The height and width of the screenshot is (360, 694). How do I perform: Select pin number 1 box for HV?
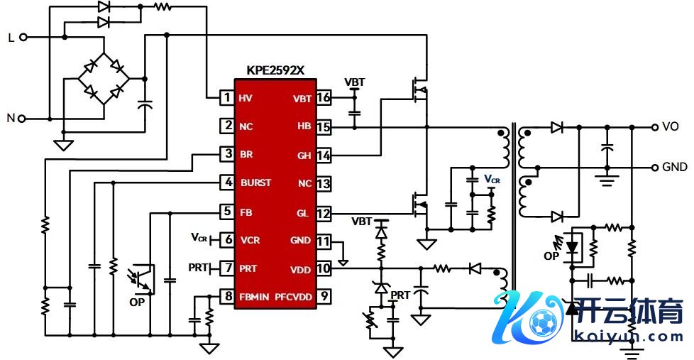227,98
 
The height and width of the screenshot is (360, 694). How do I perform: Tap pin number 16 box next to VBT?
324,98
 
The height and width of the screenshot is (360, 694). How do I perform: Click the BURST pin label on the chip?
255,183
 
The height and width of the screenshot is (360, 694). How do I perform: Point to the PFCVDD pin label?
293,297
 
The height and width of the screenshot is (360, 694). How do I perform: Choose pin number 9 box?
324,297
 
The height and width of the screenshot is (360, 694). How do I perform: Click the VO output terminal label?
671,127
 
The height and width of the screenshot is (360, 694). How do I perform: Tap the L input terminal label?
11,38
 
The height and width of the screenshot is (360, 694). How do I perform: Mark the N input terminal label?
11,119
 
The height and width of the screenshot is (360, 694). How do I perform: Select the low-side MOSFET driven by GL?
419,204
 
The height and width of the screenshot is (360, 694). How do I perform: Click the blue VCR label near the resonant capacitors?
492,180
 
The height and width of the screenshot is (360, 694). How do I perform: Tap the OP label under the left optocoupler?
137,302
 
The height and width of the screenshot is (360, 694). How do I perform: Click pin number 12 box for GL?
324,212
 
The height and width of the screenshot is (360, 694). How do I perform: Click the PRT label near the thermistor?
400,295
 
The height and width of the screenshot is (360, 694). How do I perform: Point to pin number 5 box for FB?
227,212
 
